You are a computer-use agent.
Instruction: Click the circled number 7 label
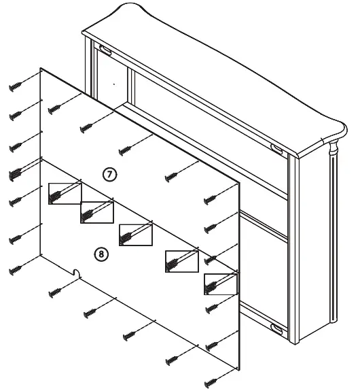point(110,174)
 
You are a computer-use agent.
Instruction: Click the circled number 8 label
point(100,254)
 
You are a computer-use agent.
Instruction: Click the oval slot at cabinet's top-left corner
point(105,49)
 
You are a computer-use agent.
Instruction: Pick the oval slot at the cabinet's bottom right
point(277,328)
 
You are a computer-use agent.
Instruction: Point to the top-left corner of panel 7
point(42,68)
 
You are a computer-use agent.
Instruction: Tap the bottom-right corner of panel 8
point(240,371)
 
